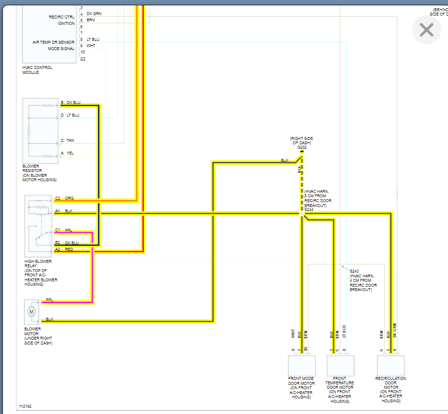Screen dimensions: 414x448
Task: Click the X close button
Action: coord(426,30)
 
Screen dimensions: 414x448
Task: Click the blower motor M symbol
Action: coord(32,311)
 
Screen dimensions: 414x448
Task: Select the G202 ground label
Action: coord(301,147)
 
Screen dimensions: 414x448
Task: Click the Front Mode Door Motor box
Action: coord(301,365)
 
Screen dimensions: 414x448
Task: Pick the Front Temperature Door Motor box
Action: coord(340,365)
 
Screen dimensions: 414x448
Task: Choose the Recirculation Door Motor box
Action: coord(391,365)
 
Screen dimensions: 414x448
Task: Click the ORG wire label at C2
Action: coord(69,198)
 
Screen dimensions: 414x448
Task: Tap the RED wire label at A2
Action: coord(69,249)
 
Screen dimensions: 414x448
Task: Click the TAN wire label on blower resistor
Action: coord(70,140)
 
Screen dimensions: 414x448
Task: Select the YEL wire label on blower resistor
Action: coord(70,153)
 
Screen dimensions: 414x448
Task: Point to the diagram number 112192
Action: coord(25,406)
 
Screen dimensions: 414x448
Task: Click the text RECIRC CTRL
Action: coord(62,17)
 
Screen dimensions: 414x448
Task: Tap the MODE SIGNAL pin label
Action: coord(61,49)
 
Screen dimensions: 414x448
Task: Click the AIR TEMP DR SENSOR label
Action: coord(53,42)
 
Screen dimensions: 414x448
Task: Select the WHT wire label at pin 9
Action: coord(91,46)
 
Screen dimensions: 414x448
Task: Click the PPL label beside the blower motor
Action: coord(49,300)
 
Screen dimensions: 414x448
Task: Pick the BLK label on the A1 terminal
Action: coord(69,211)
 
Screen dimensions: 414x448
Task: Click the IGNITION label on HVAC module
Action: coord(66,23)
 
